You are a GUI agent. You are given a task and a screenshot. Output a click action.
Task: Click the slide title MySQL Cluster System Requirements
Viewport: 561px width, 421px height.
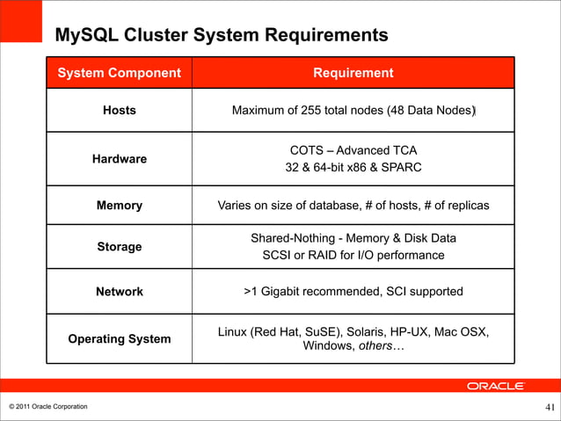pos(221,36)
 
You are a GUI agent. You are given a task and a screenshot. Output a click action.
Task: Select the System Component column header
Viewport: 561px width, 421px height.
pos(119,73)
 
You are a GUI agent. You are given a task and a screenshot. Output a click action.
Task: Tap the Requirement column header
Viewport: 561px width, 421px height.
pos(353,73)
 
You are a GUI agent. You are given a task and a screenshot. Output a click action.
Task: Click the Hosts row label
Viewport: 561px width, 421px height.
pos(119,111)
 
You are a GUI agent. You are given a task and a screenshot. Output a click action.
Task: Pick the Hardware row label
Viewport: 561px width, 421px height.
pos(119,159)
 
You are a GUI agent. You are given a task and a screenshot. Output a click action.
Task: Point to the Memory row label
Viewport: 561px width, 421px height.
pos(119,206)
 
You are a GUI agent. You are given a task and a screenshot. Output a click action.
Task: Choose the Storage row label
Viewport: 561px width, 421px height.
pos(119,247)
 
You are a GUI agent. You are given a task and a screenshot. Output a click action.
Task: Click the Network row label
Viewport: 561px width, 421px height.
pos(119,292)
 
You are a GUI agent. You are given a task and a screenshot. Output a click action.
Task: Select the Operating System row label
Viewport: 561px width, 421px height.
pos(119,338)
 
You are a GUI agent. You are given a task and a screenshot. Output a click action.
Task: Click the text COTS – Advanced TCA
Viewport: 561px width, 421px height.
pos(353,150)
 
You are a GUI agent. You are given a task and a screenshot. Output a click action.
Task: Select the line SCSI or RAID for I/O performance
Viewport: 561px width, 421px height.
pos(353,256)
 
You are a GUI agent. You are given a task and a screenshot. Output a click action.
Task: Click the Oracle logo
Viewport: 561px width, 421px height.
pos(495,386)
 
